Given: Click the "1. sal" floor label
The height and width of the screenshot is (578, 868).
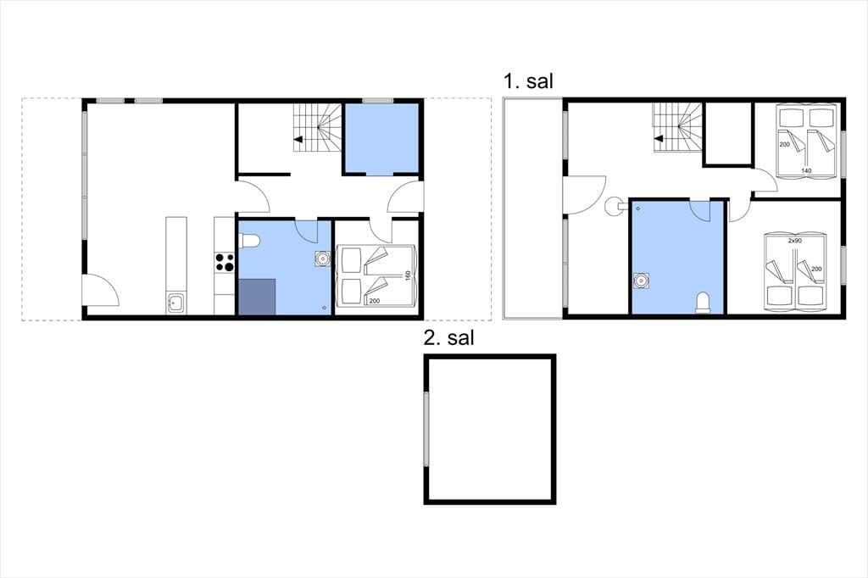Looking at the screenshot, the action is coord(527,81).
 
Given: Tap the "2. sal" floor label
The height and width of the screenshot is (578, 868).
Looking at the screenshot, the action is coord(448,337).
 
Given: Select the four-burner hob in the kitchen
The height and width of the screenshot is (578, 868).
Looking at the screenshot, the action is coord(225,262).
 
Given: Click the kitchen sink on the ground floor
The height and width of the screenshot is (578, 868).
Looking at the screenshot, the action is coord(176,304).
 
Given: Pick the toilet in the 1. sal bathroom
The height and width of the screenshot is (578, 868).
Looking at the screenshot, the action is coord(703,303).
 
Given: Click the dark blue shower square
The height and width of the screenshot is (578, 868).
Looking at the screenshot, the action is coord(257,297).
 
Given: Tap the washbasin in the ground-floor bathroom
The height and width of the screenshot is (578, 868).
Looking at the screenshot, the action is coord(322,258).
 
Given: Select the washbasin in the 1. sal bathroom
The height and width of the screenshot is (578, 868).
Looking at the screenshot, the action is coord(642,281).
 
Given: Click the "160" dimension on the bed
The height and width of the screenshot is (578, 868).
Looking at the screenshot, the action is coord(408,275).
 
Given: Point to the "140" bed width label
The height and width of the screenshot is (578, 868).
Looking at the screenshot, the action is coord(806,171).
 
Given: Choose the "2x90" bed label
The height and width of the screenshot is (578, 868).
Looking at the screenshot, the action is coord(795,241).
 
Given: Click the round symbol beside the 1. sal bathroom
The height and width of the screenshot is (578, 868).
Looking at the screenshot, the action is coord(614,207).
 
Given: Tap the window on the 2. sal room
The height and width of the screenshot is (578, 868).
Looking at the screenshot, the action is coord(426,429).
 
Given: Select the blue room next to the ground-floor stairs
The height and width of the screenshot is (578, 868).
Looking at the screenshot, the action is coord(381,138).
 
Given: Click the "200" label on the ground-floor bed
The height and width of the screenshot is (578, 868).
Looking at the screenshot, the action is coord(374,301).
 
